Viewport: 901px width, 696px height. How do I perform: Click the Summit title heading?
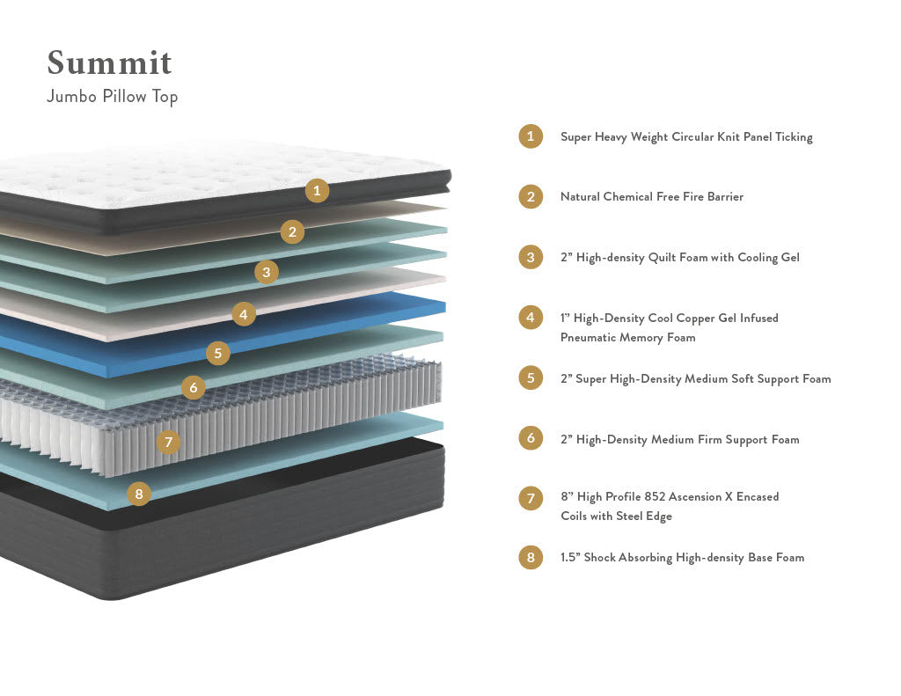click(x=109, y=63)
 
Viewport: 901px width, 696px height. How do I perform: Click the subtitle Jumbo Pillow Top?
click(x=112, y=96)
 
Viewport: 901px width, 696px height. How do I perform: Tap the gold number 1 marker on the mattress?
click(x=318, y=190)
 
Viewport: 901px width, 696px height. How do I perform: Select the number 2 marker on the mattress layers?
click(x=293, y=232)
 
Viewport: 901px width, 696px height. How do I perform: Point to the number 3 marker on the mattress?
click(x=267, y=272)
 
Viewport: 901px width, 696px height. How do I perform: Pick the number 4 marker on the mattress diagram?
click(x=244, y=313)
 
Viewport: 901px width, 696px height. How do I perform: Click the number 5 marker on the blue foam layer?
click(x=218, y=354)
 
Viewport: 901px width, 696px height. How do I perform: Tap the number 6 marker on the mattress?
click(x=194, y=387)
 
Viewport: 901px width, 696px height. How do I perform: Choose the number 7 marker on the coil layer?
click(x=168, y=442)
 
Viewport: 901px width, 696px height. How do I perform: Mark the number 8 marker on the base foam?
click(x=138, y=494)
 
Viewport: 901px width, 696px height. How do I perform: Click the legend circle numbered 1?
click(x=531, y=136)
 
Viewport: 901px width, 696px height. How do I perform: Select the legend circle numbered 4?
click(x=531, y=318)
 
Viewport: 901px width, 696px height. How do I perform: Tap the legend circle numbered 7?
click(x=531, y=498)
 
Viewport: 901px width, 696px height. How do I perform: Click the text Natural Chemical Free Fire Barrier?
click(x=651, y=197)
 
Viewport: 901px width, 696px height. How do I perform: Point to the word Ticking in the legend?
click(x=794, y=137)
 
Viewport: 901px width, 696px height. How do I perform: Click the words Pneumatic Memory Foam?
click(x=627, y=338)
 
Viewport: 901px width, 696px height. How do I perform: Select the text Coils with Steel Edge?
click(x=616, y=517)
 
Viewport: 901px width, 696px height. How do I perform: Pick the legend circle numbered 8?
click(x=531, y=558)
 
